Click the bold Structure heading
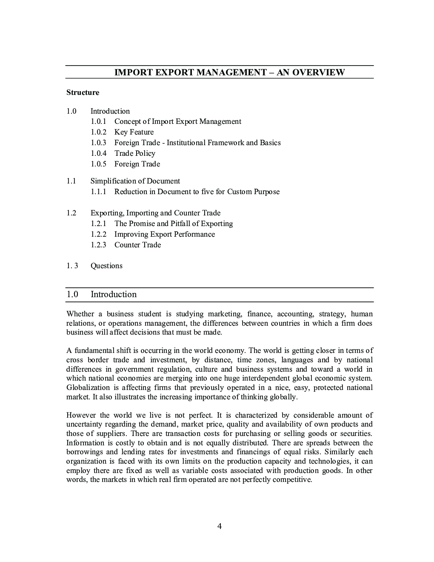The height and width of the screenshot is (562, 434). pyautogui.click(x=83, y=92)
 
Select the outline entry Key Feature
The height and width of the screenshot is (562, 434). pyautogui.click(x=134, y=132)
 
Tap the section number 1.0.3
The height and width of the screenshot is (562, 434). pyautogui.click(x=98, y=143)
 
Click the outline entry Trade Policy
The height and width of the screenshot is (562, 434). pyautogui.click(x=134, y=153)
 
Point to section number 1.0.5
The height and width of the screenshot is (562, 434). pyautogui.click(x=98, y=164)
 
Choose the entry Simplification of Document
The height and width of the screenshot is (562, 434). pyautogui.click(x=135, y=181)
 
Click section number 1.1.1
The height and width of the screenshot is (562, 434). pyautogui.click(x=98, y=192)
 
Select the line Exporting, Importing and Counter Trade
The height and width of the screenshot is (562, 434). pyautogui.click(x=155, y=213)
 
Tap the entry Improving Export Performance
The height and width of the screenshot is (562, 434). pyautogui.click(x=164, y=234)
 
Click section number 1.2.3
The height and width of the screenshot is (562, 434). pyautogui.click(x=98, y=245)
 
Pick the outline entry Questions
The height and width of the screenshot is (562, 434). pyautogui.click(x=106, y=266)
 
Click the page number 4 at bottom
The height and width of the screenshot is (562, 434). pyautogui.click(x=220, y=526)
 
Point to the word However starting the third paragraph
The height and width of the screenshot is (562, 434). pyautogui.click(x=82, y=415)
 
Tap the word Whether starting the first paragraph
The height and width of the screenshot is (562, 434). pyautogui.click(x=80, y=314)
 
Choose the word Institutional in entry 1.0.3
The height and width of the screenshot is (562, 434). pyautogui.click(x=186, y=143)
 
